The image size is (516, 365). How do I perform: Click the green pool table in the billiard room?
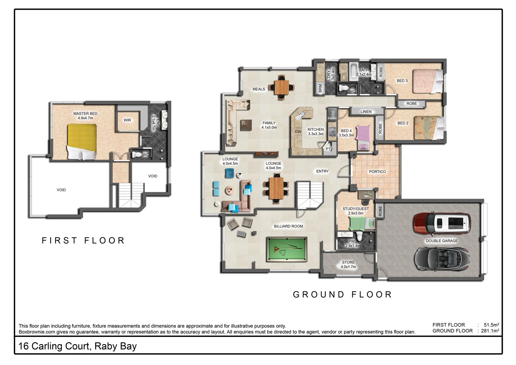(x=286, y=249)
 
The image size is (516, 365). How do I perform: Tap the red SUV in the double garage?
(x=442, y=223)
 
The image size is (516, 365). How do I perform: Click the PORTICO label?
(x=377, y=172)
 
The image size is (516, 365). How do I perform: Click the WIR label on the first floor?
(x=127, y=120)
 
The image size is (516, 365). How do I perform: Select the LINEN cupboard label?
(x=366, y=112)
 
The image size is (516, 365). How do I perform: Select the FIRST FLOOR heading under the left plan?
(x=83, y=241)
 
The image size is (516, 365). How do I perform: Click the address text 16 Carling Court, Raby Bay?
(x=78, y=346)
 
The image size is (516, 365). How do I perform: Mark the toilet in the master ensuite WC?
(x=137, y=154)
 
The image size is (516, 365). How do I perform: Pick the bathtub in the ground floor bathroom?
(x=353, y=71)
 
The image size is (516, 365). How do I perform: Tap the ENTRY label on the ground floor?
(x=322, y=171)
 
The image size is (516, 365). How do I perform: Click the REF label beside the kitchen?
(x=333, y=114)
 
